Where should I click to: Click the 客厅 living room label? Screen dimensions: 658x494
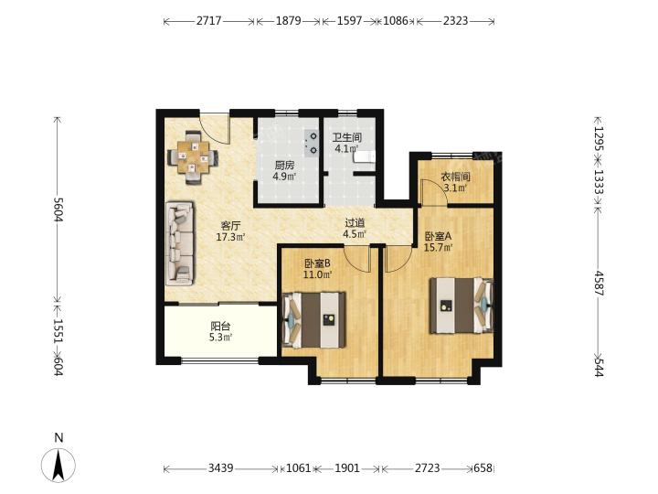(x=231, y=225)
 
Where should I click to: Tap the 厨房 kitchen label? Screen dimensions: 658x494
(x=284, y=165)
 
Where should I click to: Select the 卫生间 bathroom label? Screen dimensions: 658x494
(x=347, y=137)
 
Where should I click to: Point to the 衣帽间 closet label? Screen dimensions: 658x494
(x=455, y=177)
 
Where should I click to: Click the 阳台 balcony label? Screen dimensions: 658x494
(x=220, y=326)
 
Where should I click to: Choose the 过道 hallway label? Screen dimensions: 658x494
(x=355, y=223)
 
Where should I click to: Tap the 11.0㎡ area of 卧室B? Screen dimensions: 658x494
(x=318, y=275)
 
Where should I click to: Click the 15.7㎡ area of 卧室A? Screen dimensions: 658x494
(x=438, y=247)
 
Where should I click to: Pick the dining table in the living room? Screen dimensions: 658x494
(x=193, y=157)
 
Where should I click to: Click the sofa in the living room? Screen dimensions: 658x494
(x=180, y=243)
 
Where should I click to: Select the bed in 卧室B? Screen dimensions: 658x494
(x=313, y=320)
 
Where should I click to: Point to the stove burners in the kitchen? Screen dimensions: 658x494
(x=313, y=143)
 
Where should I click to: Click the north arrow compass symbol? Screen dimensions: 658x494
(x=58, y=465)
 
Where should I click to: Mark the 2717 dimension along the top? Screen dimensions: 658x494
(x=208, y=20)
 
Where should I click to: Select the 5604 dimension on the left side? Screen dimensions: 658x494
(x=58, y=209)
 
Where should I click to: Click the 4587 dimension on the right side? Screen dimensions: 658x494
(x=599, y=284)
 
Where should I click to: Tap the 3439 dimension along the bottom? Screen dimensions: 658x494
(x=221, y=468)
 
